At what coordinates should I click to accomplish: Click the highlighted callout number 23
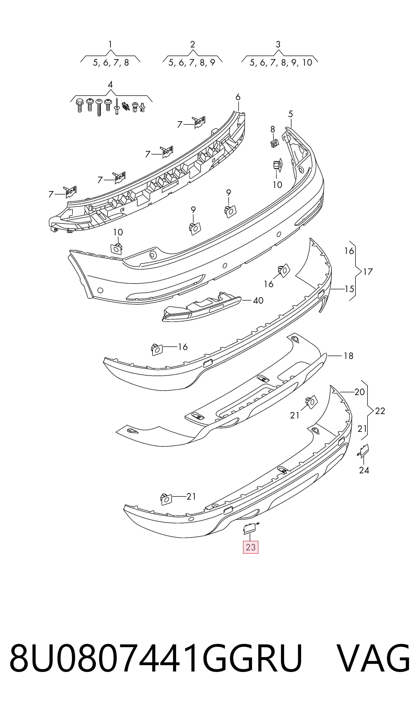[251, 547]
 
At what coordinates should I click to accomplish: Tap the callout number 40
[258, 300]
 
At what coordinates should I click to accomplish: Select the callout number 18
[348, 356]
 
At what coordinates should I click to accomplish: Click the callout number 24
[364, 470]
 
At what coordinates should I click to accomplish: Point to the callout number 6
[238, 97]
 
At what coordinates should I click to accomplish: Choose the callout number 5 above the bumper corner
[290, 114]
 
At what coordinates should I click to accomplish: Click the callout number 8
[273, 129]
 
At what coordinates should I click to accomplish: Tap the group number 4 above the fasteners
[110, 85]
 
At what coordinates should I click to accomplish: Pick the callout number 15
[349, 289]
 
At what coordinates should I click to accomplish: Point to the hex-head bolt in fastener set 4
[80, 105]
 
